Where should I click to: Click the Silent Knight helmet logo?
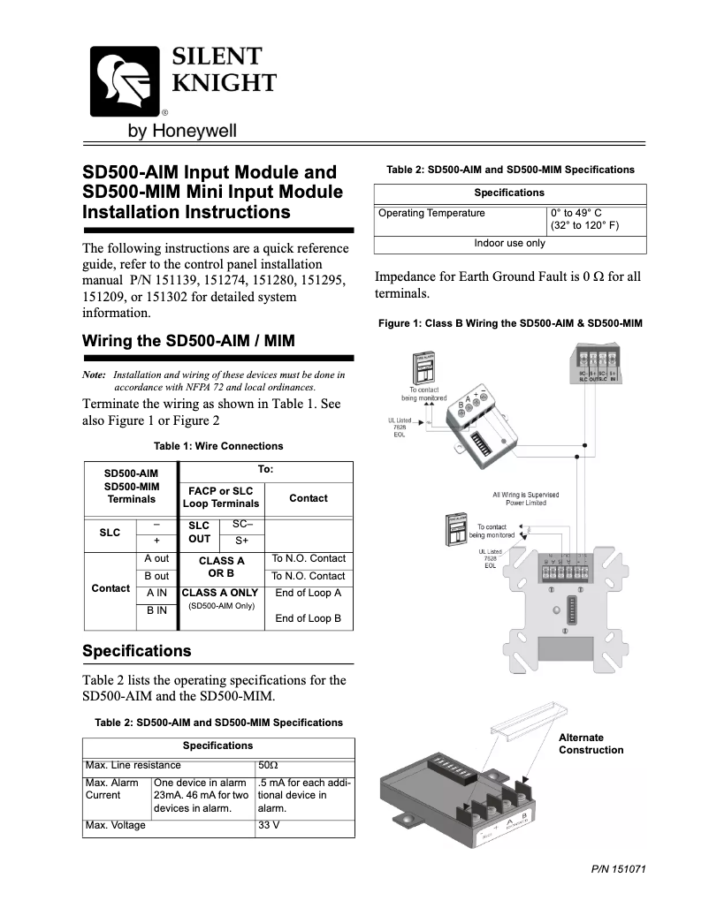[123, 80]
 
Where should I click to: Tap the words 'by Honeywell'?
[183, 132]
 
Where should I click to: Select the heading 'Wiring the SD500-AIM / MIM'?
[187, 341]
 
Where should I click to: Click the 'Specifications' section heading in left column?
[136, 651]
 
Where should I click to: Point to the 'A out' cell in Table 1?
[156, 559]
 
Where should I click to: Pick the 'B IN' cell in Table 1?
[156, 609]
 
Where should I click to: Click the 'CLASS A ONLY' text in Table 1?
[220, 593]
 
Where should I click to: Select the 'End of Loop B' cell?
[308, 618]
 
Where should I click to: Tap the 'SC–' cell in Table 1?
[241, 525]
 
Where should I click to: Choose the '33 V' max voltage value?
[269, 826]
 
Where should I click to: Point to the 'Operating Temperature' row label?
[431, 213]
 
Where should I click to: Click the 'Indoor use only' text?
[509, 243]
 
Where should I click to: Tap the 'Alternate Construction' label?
[591, 744]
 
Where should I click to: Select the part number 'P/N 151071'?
[619, 868]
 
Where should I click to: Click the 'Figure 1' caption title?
[510, 323]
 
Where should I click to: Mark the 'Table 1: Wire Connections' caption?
[218, 446]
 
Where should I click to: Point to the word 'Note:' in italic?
[94, 375]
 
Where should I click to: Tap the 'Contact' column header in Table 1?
[308, 498]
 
